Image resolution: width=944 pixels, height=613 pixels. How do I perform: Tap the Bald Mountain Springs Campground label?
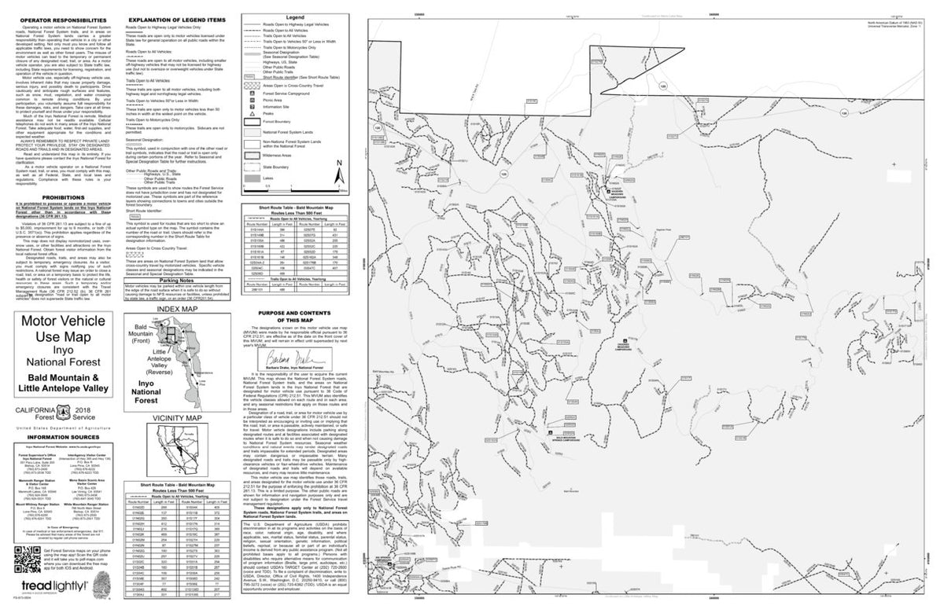pos(572,438)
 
